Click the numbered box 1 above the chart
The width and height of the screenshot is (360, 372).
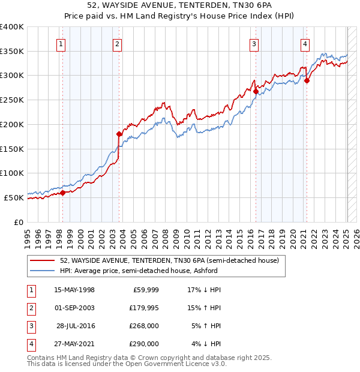62,43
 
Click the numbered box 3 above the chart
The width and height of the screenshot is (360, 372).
254,43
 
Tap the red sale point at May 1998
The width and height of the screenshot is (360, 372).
62,193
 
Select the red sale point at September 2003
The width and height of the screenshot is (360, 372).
119,134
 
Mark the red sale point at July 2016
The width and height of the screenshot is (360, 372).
256,92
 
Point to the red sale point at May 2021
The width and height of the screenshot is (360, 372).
307,80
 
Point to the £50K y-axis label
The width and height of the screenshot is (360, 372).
14,197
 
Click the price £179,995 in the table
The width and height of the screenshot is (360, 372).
143,308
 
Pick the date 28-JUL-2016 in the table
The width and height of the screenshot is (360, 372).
75,326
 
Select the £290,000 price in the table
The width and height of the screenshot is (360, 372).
143,344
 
